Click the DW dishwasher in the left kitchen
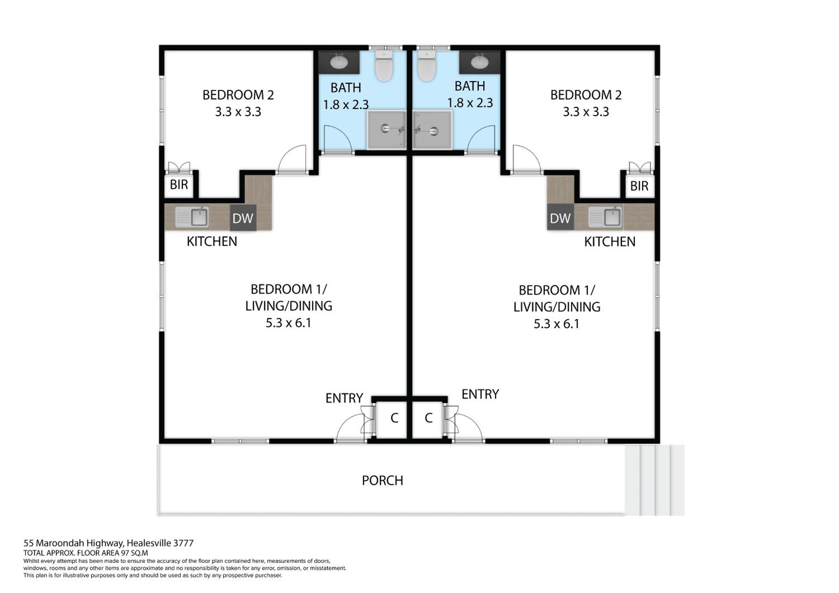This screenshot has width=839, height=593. (x=243, y=218)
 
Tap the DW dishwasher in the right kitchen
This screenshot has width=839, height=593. (x=560, y=218)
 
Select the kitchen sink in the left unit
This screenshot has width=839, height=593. (x=192, y=217)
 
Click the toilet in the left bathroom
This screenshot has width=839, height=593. (x=384, y=66)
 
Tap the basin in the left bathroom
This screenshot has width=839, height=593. (x=339, y=62)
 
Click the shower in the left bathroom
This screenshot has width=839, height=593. (x=386, y=130)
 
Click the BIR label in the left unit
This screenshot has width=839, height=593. (x=179, y=185)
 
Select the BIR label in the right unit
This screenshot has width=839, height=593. (x=639, y=186)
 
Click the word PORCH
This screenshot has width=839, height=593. (x=382, y=481)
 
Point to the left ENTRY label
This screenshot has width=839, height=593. (x=344, y=398)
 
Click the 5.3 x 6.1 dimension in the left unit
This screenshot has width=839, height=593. (x=288, y=323)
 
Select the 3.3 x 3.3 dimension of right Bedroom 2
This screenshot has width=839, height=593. (x=586, y=112)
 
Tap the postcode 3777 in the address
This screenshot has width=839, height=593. (x=183, y=543)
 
